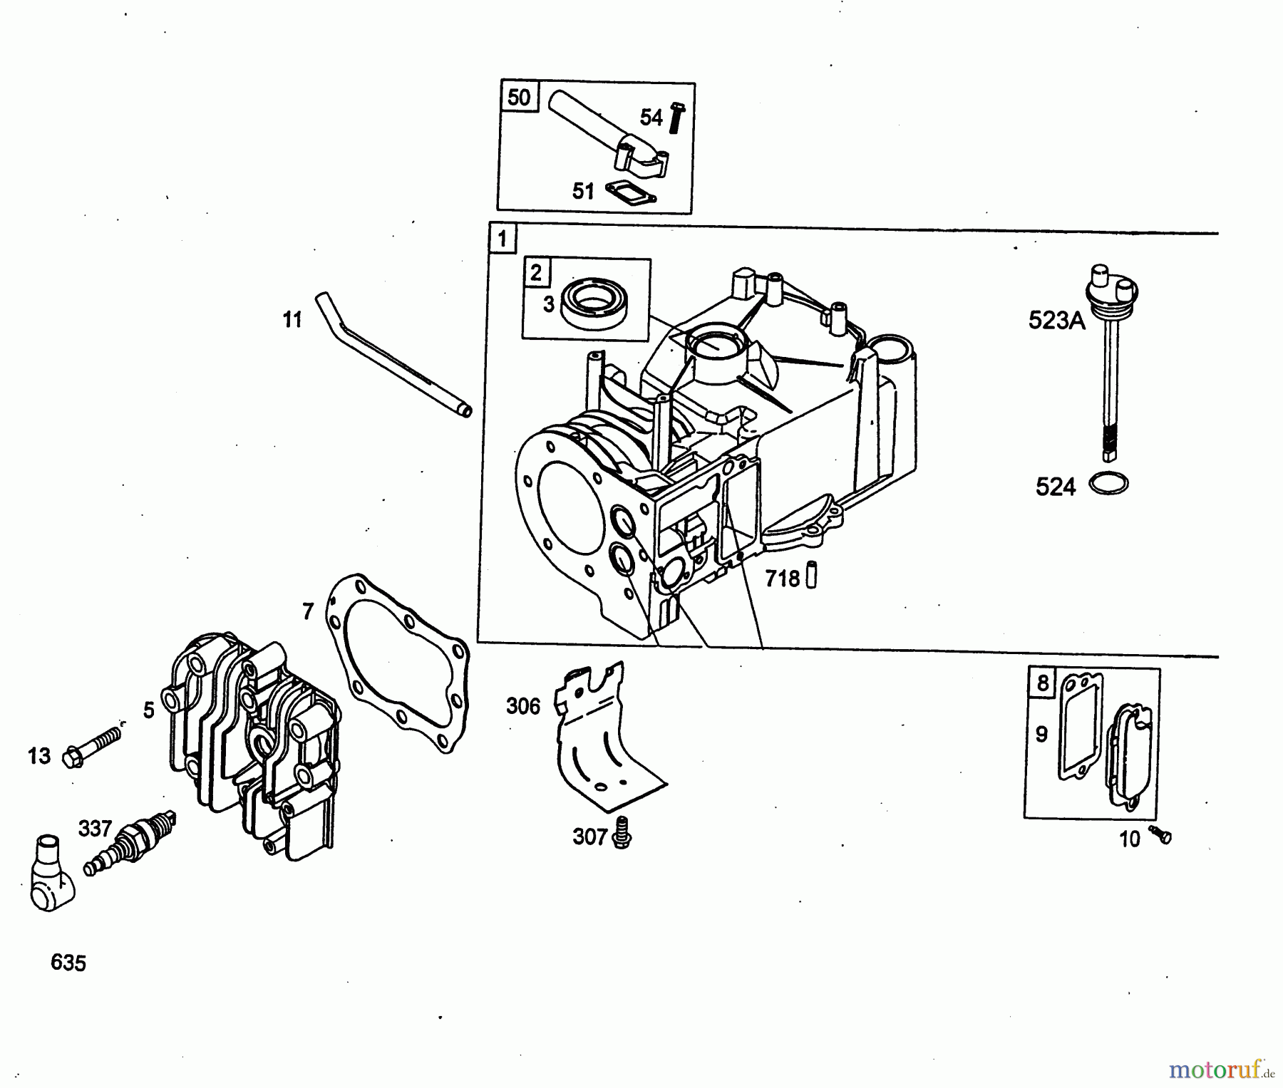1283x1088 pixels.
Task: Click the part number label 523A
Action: [1056, 321]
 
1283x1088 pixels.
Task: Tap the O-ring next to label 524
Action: [1108, 484]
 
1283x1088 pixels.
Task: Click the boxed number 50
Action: [519, 96]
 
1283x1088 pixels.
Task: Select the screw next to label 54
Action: [676, 118]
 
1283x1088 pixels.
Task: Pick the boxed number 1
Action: [503, 238]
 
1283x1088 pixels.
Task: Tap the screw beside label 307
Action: [624, 832]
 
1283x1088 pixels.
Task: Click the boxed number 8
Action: [1043, 683]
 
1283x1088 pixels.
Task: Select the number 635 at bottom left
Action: [68, 963]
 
